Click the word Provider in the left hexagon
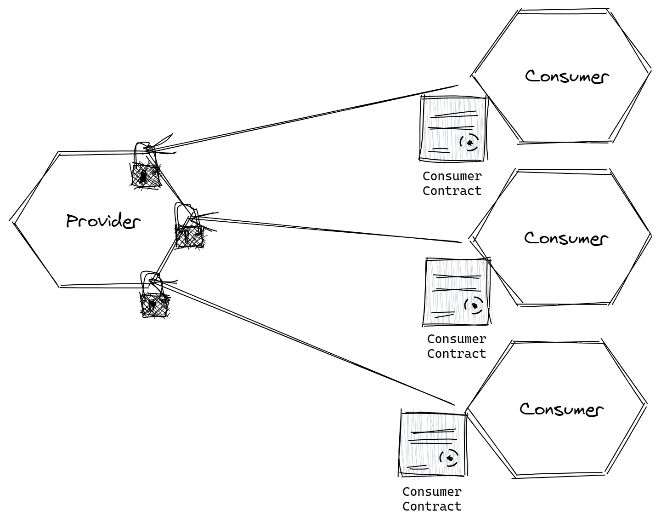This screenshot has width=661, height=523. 102,221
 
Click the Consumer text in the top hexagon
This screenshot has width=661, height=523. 567,76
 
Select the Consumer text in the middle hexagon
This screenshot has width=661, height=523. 566,238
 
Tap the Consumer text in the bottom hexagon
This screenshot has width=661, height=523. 561,409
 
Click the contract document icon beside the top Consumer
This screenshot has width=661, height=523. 453,128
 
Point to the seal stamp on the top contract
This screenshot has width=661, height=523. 469,143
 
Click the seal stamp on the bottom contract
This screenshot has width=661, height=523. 449,458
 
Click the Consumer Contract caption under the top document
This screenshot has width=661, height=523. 452,184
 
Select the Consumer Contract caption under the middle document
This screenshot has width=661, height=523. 457,346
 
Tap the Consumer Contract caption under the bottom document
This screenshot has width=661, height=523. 432,499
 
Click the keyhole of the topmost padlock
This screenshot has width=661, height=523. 144,176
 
